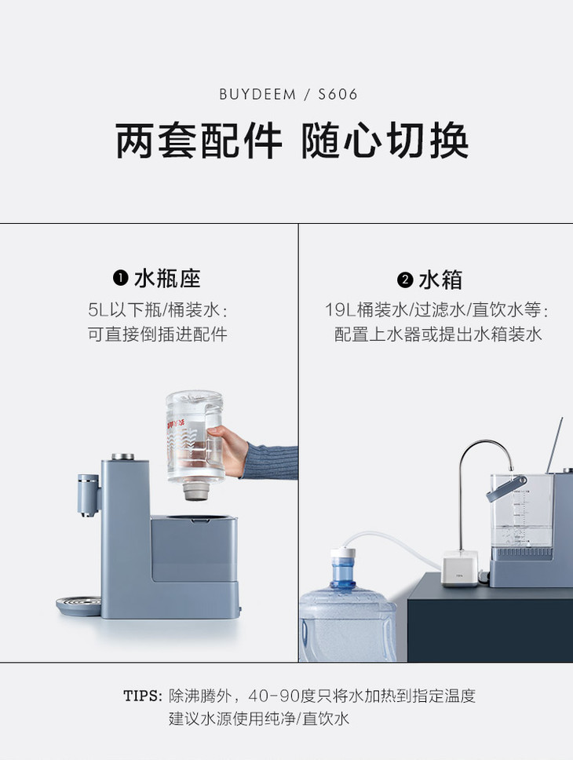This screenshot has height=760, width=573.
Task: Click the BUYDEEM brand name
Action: point(257,94)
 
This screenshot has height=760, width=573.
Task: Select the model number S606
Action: point(338,94)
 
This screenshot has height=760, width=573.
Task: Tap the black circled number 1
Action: point(120,278)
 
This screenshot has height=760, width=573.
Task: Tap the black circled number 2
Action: point(405,280)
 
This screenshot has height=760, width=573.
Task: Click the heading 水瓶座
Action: point(167,278)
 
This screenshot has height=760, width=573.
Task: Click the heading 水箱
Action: point(440,280)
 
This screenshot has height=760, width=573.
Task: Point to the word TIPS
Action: point(142,696)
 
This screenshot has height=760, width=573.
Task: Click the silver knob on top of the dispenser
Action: point(123,457)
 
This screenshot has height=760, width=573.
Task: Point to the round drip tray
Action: point(79,606)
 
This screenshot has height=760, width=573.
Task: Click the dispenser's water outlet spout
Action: point(88,495)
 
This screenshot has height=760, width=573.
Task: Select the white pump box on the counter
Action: point(460,569)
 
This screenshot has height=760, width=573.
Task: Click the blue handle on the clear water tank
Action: point(506,489)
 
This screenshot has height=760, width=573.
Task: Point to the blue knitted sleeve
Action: point(271,461)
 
